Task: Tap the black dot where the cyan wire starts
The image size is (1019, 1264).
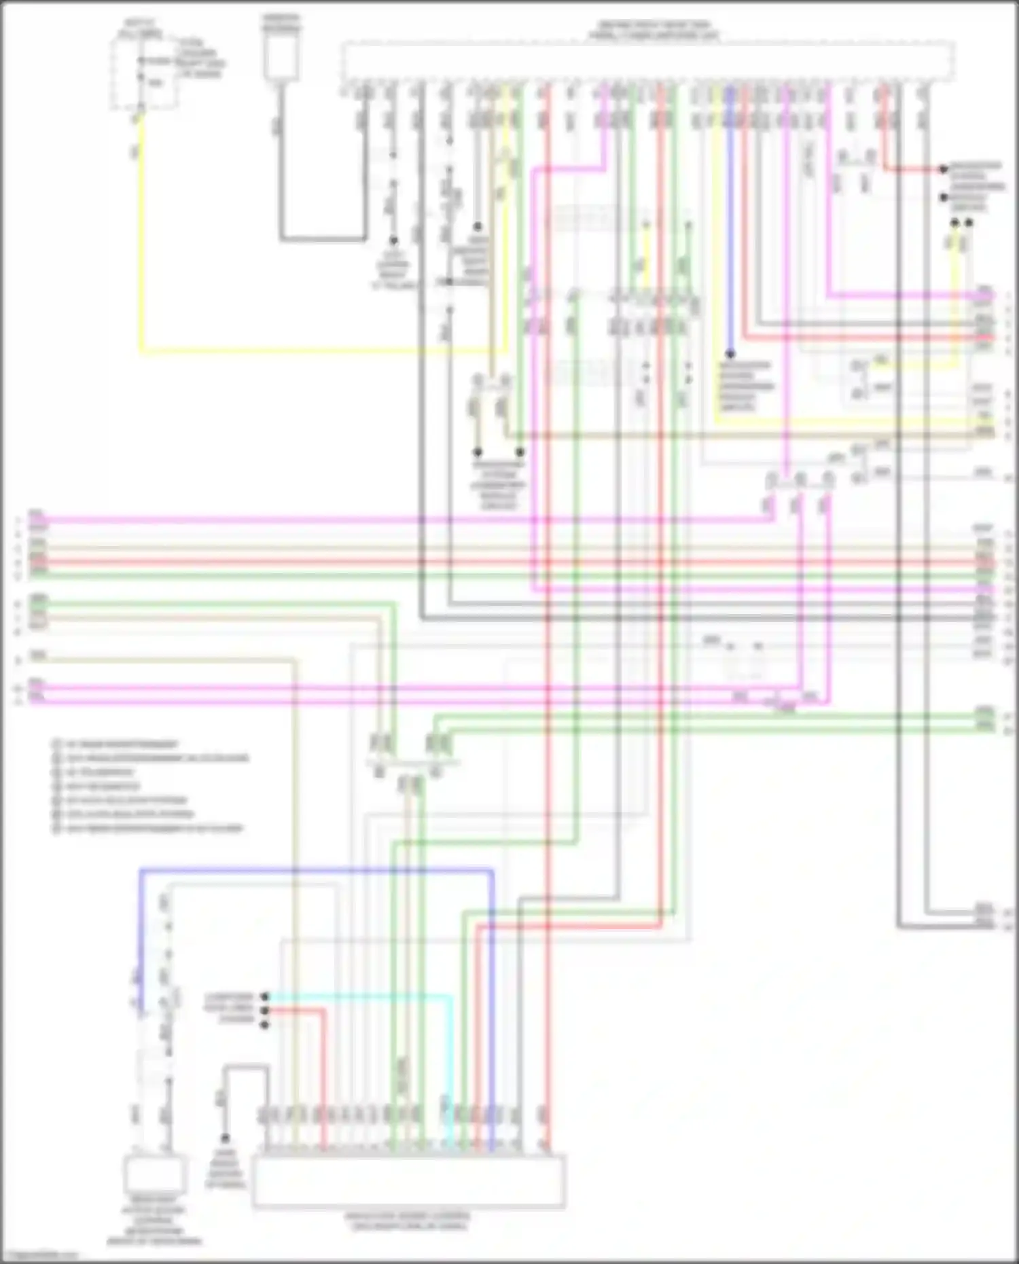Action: coord(265,996)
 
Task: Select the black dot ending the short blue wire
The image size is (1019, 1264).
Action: coord(730,354)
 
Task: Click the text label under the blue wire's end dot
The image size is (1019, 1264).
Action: coord(746,386)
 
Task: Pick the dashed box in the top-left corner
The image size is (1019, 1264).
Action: coord(145,75)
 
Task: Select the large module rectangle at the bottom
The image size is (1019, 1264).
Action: coord(408,1181)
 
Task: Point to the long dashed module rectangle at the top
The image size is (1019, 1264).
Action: coord(648,61)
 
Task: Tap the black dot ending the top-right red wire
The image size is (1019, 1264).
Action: coord(943,168)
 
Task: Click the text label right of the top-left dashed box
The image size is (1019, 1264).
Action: coord(200,58)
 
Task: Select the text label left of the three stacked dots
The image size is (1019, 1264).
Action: coord(229,1009)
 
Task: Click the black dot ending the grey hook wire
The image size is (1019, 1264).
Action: coord(225,1138)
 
